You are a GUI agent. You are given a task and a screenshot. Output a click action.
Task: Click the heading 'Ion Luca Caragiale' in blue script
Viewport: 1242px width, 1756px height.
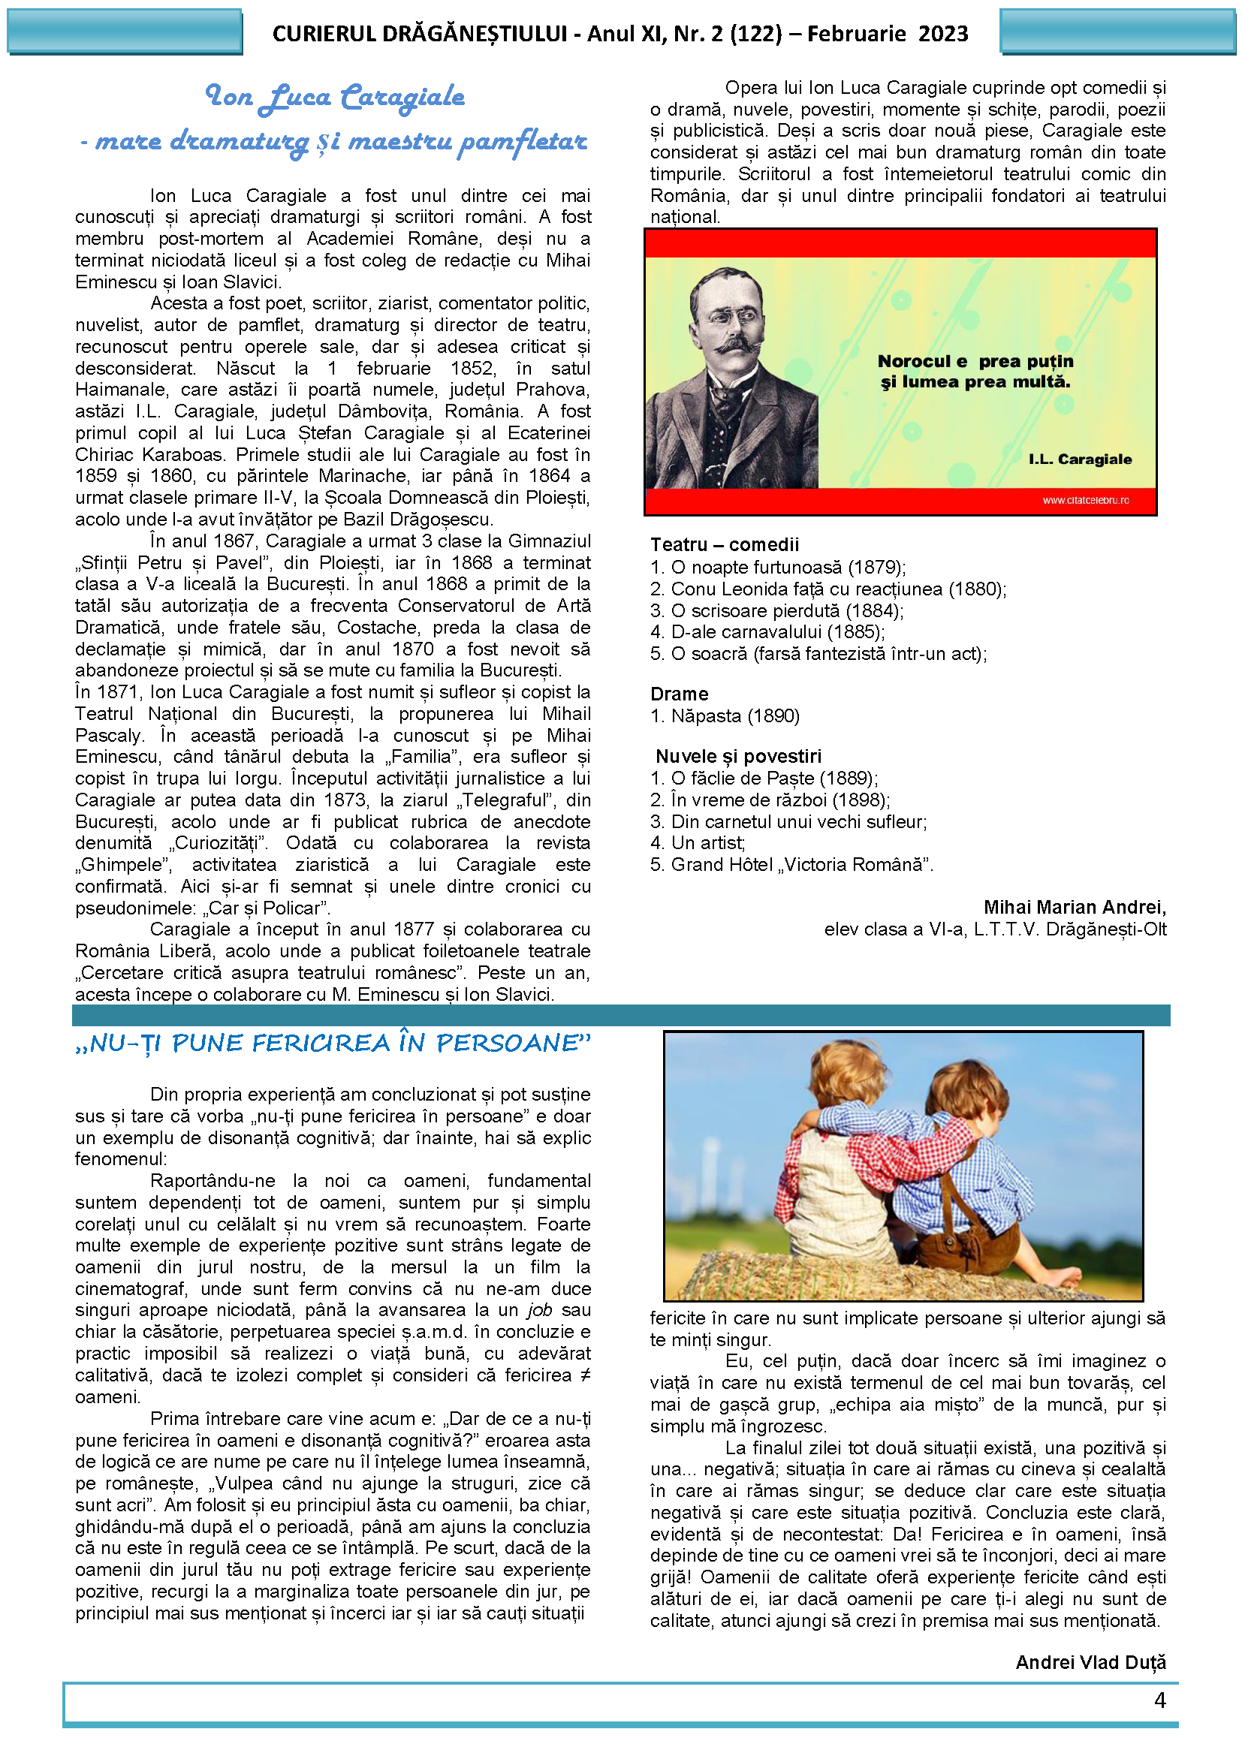335,97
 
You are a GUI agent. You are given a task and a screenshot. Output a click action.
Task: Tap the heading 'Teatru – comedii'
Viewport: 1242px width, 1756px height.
724,544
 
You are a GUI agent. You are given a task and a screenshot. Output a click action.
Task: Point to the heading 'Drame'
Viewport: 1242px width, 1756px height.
679,694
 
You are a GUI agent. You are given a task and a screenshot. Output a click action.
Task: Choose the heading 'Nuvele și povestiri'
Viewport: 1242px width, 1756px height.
738,757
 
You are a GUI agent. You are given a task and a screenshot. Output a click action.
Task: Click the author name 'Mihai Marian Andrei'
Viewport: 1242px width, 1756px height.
1074,907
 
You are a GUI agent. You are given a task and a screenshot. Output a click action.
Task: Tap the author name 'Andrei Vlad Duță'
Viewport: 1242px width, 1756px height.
1090,1662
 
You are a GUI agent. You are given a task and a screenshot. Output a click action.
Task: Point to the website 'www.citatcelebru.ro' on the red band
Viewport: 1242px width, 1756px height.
1085,500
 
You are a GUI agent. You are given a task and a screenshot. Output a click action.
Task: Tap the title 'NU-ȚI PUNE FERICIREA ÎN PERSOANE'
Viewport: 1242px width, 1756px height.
333,1044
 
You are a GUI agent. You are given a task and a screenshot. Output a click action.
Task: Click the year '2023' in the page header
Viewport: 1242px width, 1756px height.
943,34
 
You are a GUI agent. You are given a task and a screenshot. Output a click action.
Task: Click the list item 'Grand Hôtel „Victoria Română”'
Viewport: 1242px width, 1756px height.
800,864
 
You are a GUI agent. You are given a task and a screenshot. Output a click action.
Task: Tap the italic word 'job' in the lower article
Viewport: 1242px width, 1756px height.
539,1310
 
